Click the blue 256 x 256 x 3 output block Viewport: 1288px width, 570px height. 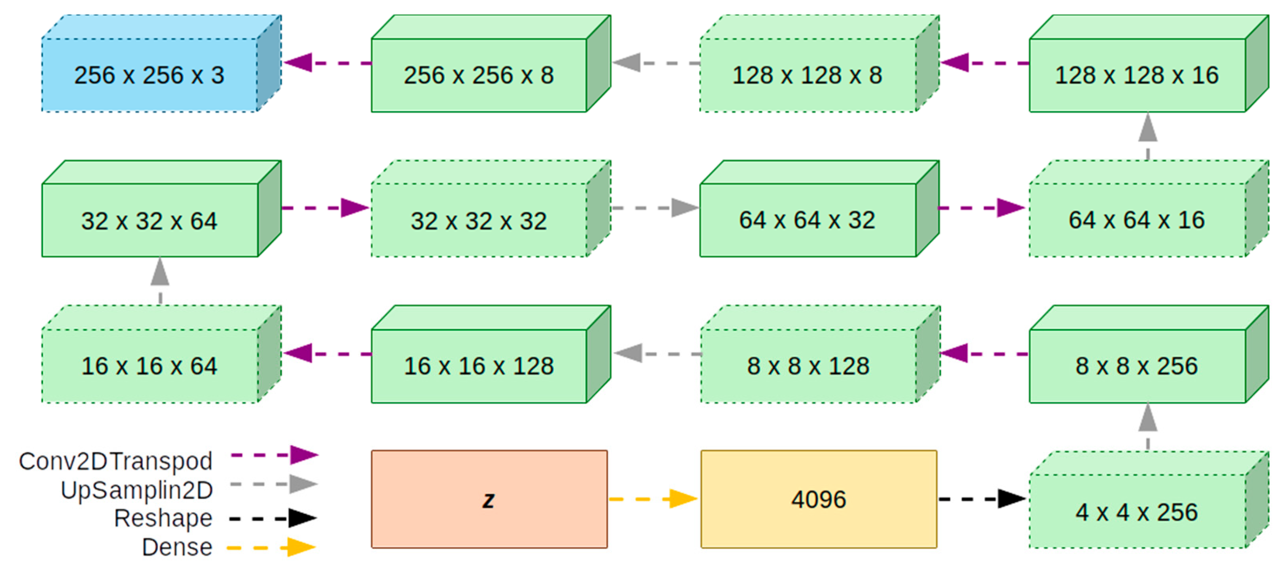[x=150, y=75]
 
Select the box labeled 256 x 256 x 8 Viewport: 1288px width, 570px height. [x=479, y=75]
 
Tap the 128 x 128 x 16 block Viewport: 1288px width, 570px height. [x=1137, y=75]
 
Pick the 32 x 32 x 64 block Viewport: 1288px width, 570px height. [x=150, y=220]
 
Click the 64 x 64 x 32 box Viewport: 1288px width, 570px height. [x=807, y=220]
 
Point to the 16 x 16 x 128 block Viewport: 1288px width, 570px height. [x=479, y=366]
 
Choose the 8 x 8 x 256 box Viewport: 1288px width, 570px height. [x=1137, y=366]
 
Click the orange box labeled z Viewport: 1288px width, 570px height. [x=489, y=499]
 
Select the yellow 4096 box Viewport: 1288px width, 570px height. [x=818, y=499]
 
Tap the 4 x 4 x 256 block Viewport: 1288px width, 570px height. [x=1137, y=511]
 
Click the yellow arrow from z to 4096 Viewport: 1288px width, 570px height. [x=653, y=498]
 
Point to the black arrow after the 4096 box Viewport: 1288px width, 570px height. [x=982, y=498]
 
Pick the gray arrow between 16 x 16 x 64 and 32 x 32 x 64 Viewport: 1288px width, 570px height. [x=160, y=280]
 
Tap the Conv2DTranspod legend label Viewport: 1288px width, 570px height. [x=116, y=460]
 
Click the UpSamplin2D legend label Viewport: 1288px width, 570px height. [x=137, y=490]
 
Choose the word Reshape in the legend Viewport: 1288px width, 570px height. [x=163, y=518]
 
